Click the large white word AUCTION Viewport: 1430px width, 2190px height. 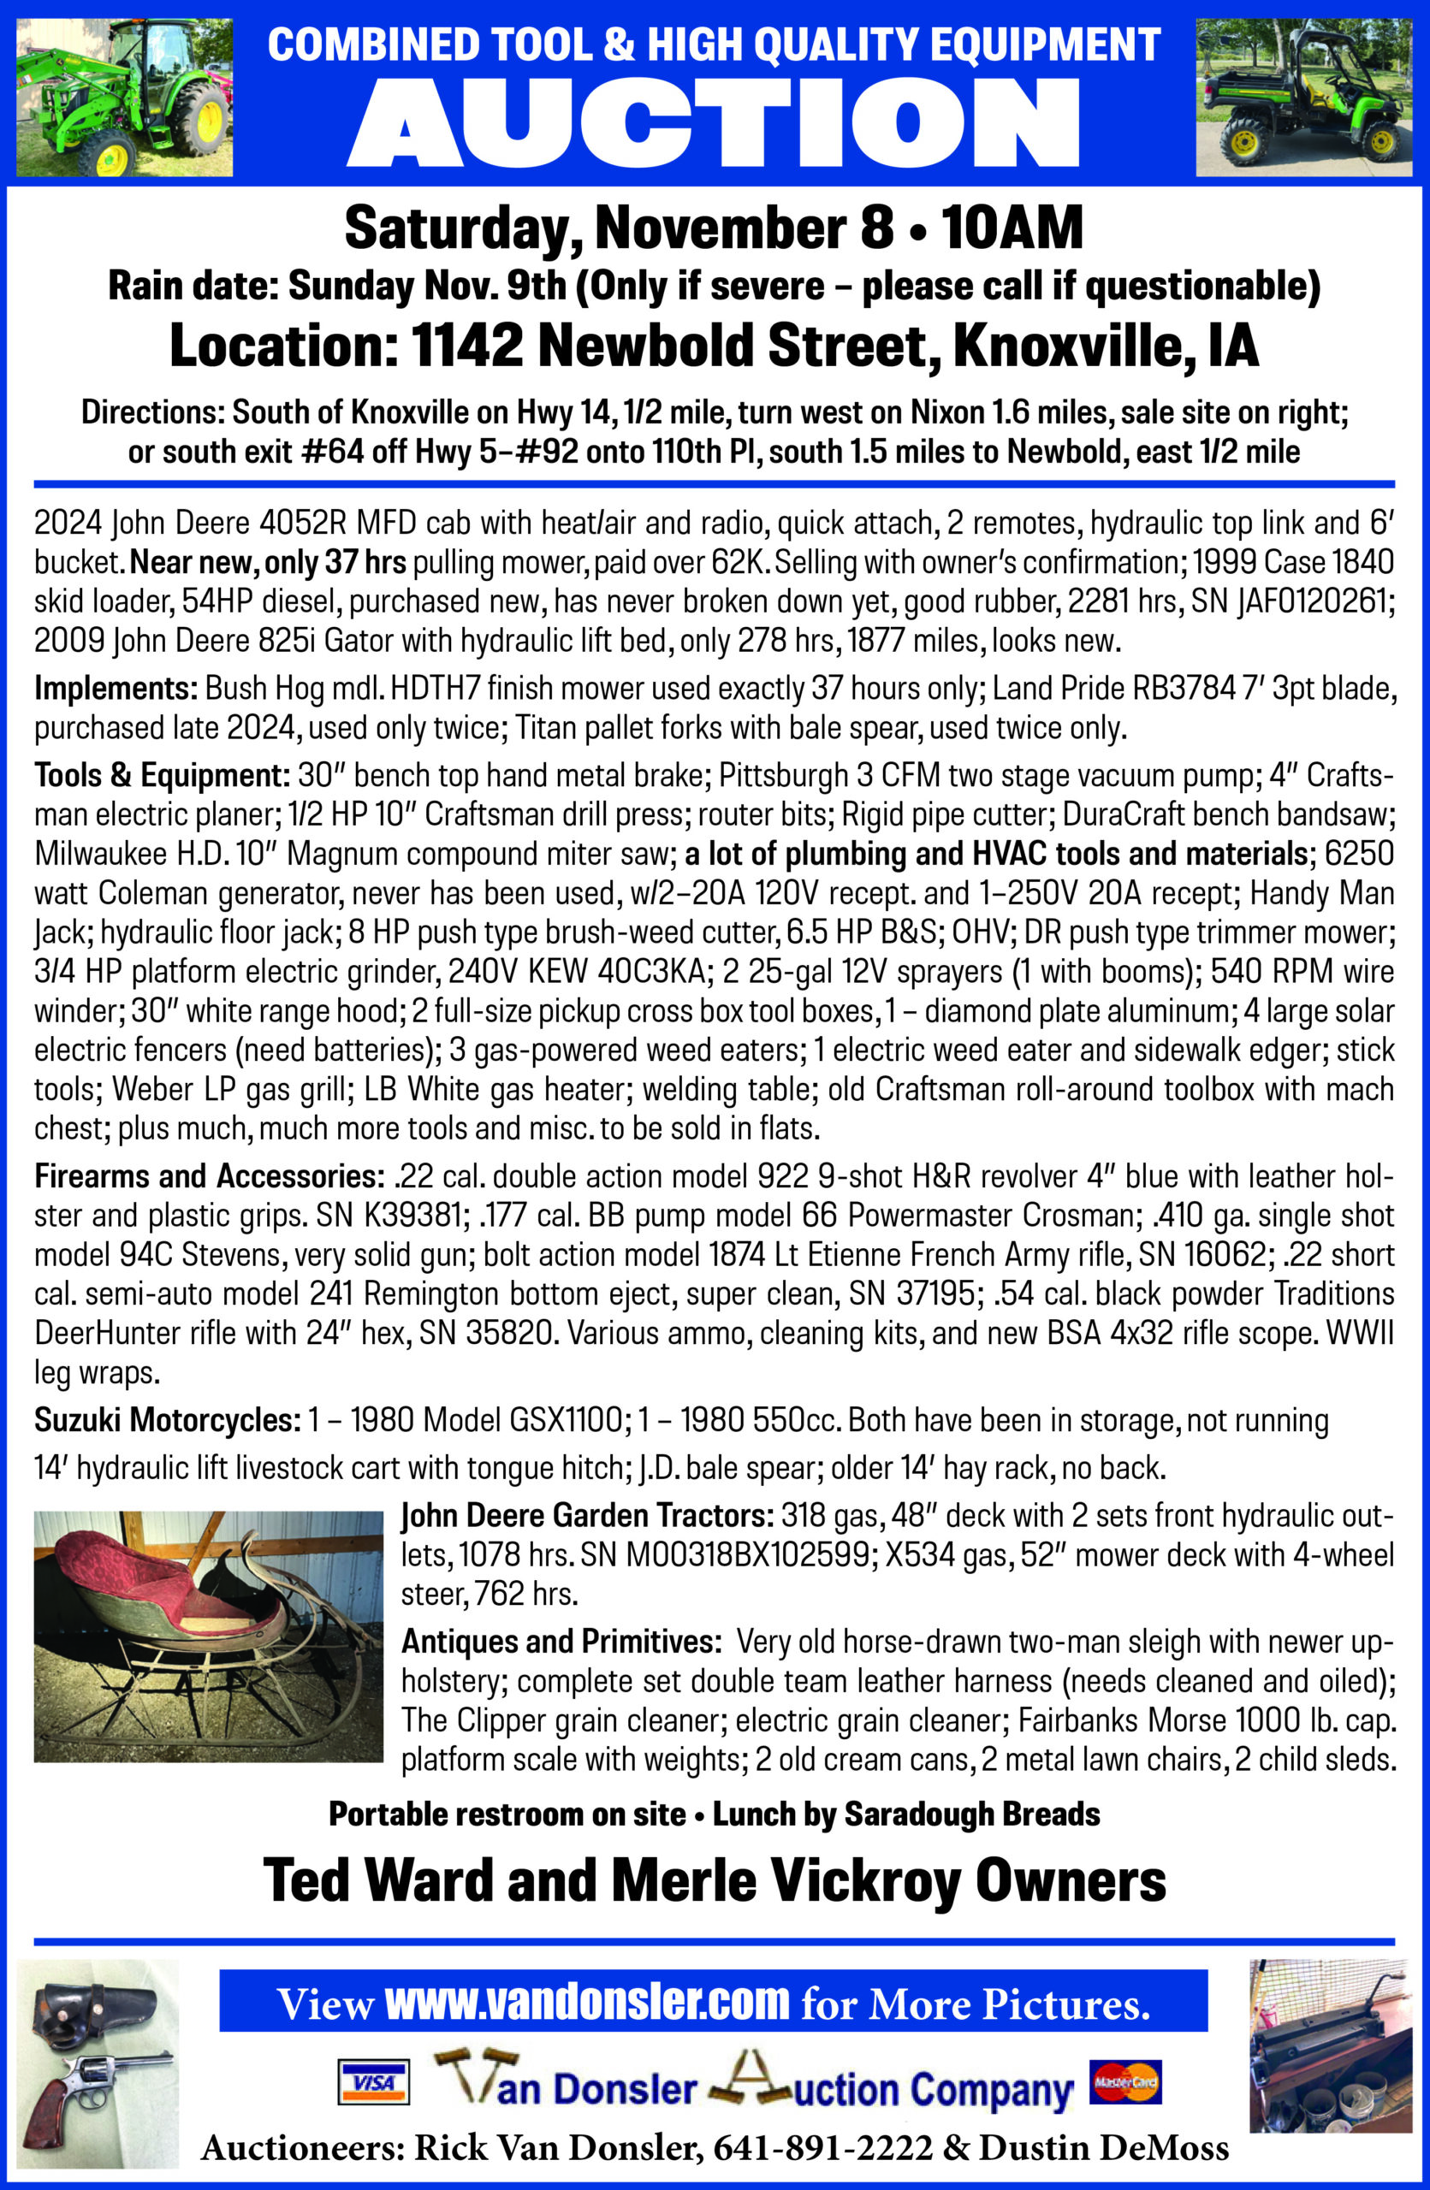point(713,123)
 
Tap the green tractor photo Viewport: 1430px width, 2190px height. point(124,98)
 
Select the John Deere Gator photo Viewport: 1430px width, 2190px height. point(1303,98)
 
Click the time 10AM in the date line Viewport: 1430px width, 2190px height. point(1012,228)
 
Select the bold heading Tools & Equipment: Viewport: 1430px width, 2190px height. point(162,776)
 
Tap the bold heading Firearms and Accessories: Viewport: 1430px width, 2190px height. point(209,1176)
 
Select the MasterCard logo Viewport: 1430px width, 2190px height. point(1125,2081)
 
